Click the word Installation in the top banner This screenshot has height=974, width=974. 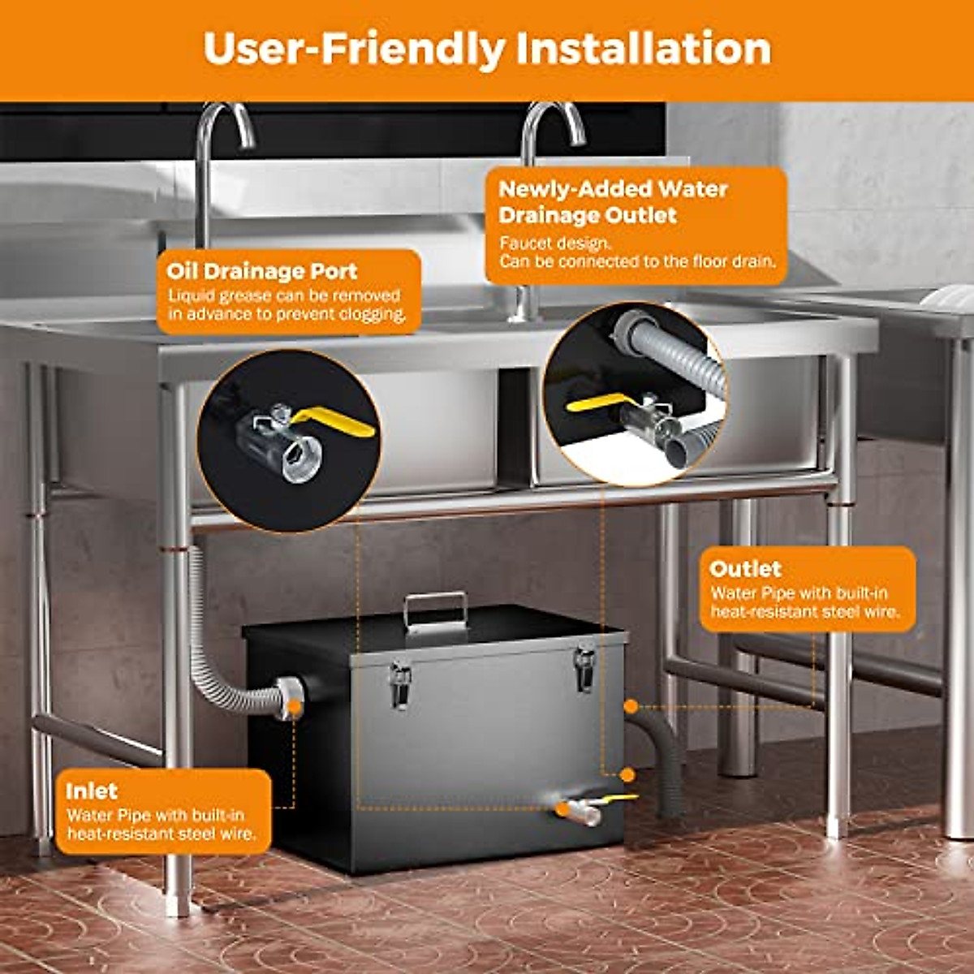click(643, 49)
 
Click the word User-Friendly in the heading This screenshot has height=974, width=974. click(354, 49)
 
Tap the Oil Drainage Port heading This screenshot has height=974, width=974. click(261, 271)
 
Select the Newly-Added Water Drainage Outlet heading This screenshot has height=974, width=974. click(612, 202)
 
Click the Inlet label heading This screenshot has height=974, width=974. click(91, 791)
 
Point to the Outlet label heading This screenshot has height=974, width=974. click(744, 568)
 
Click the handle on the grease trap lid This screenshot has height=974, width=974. click(436, 609)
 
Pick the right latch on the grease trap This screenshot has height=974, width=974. click(584, 667)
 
